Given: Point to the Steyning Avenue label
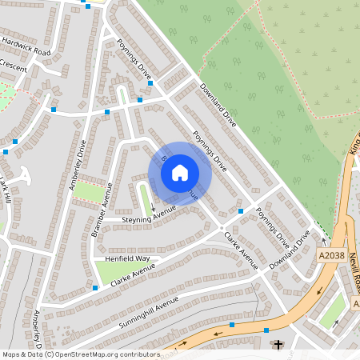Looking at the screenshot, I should [148, 215].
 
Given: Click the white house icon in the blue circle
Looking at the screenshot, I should [180, 173].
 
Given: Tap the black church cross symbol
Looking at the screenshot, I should [278, 345].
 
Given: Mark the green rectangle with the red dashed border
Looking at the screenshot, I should [92, 193].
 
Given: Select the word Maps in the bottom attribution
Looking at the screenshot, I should [11, 354].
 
